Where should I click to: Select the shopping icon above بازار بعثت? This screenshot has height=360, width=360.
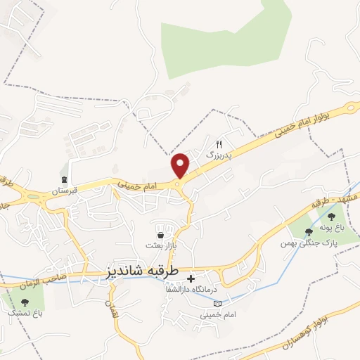click(x=162, y=234)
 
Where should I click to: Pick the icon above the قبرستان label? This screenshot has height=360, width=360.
click(x=65, y=179)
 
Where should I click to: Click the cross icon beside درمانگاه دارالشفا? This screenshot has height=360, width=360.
click(x=191, y=279)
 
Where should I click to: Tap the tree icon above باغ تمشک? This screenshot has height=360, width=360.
click(x=26, y=302)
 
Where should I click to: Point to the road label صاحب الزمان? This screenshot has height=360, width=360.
click(x=49, y=277)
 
